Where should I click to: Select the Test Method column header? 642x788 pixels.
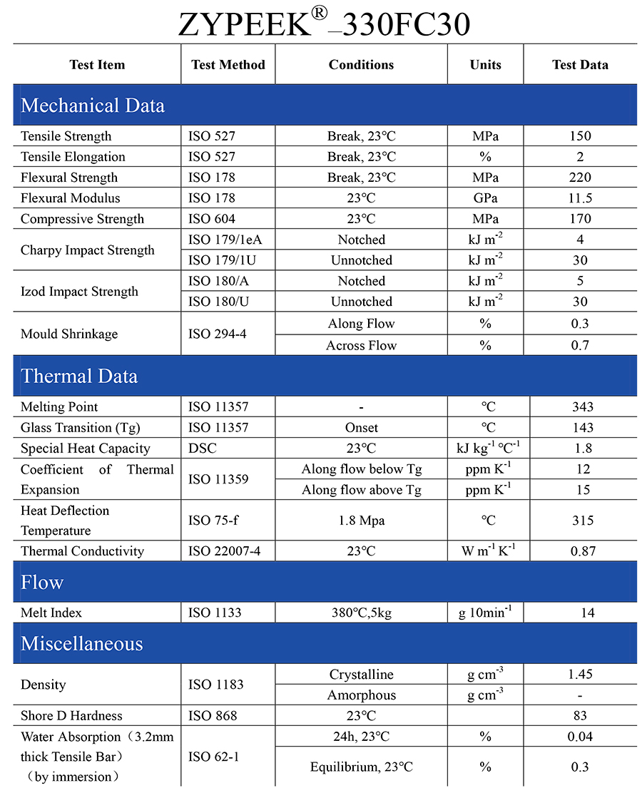[228, 65]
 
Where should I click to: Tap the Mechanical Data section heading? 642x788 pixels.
[93, 106]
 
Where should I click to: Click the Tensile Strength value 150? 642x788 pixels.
[581, 136]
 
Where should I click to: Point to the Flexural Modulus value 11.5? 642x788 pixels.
[581, 198]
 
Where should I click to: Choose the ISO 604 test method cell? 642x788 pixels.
[211, 219]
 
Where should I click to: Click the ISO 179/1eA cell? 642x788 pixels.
[220, 240]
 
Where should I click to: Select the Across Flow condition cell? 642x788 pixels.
[361, 345]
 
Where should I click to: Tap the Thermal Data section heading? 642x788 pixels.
[79, 376]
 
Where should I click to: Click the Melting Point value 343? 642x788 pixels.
[582, 407]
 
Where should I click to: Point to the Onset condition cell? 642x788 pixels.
[361, 428]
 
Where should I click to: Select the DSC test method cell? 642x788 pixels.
[202, 449]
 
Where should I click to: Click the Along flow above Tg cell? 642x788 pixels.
[361, 490]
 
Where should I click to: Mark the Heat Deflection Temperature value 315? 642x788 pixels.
[582, 521]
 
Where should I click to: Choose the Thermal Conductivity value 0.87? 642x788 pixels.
[582, 551]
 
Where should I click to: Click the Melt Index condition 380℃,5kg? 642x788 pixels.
[361, 613]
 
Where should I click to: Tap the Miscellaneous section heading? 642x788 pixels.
[82, 643]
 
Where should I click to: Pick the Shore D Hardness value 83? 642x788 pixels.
[580, 716]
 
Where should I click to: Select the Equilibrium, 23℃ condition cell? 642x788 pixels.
[361, 767]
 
